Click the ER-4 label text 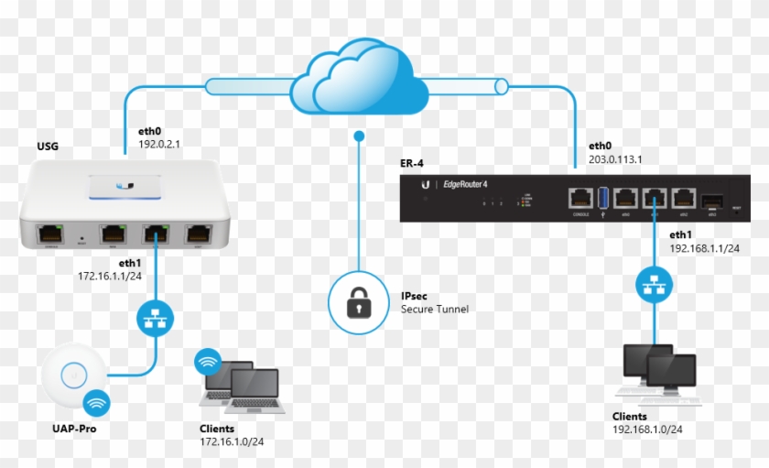414,163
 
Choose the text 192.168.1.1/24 704,247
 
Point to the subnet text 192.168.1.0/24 647,429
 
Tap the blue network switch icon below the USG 151,316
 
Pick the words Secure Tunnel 434,310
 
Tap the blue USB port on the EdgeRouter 601,197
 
